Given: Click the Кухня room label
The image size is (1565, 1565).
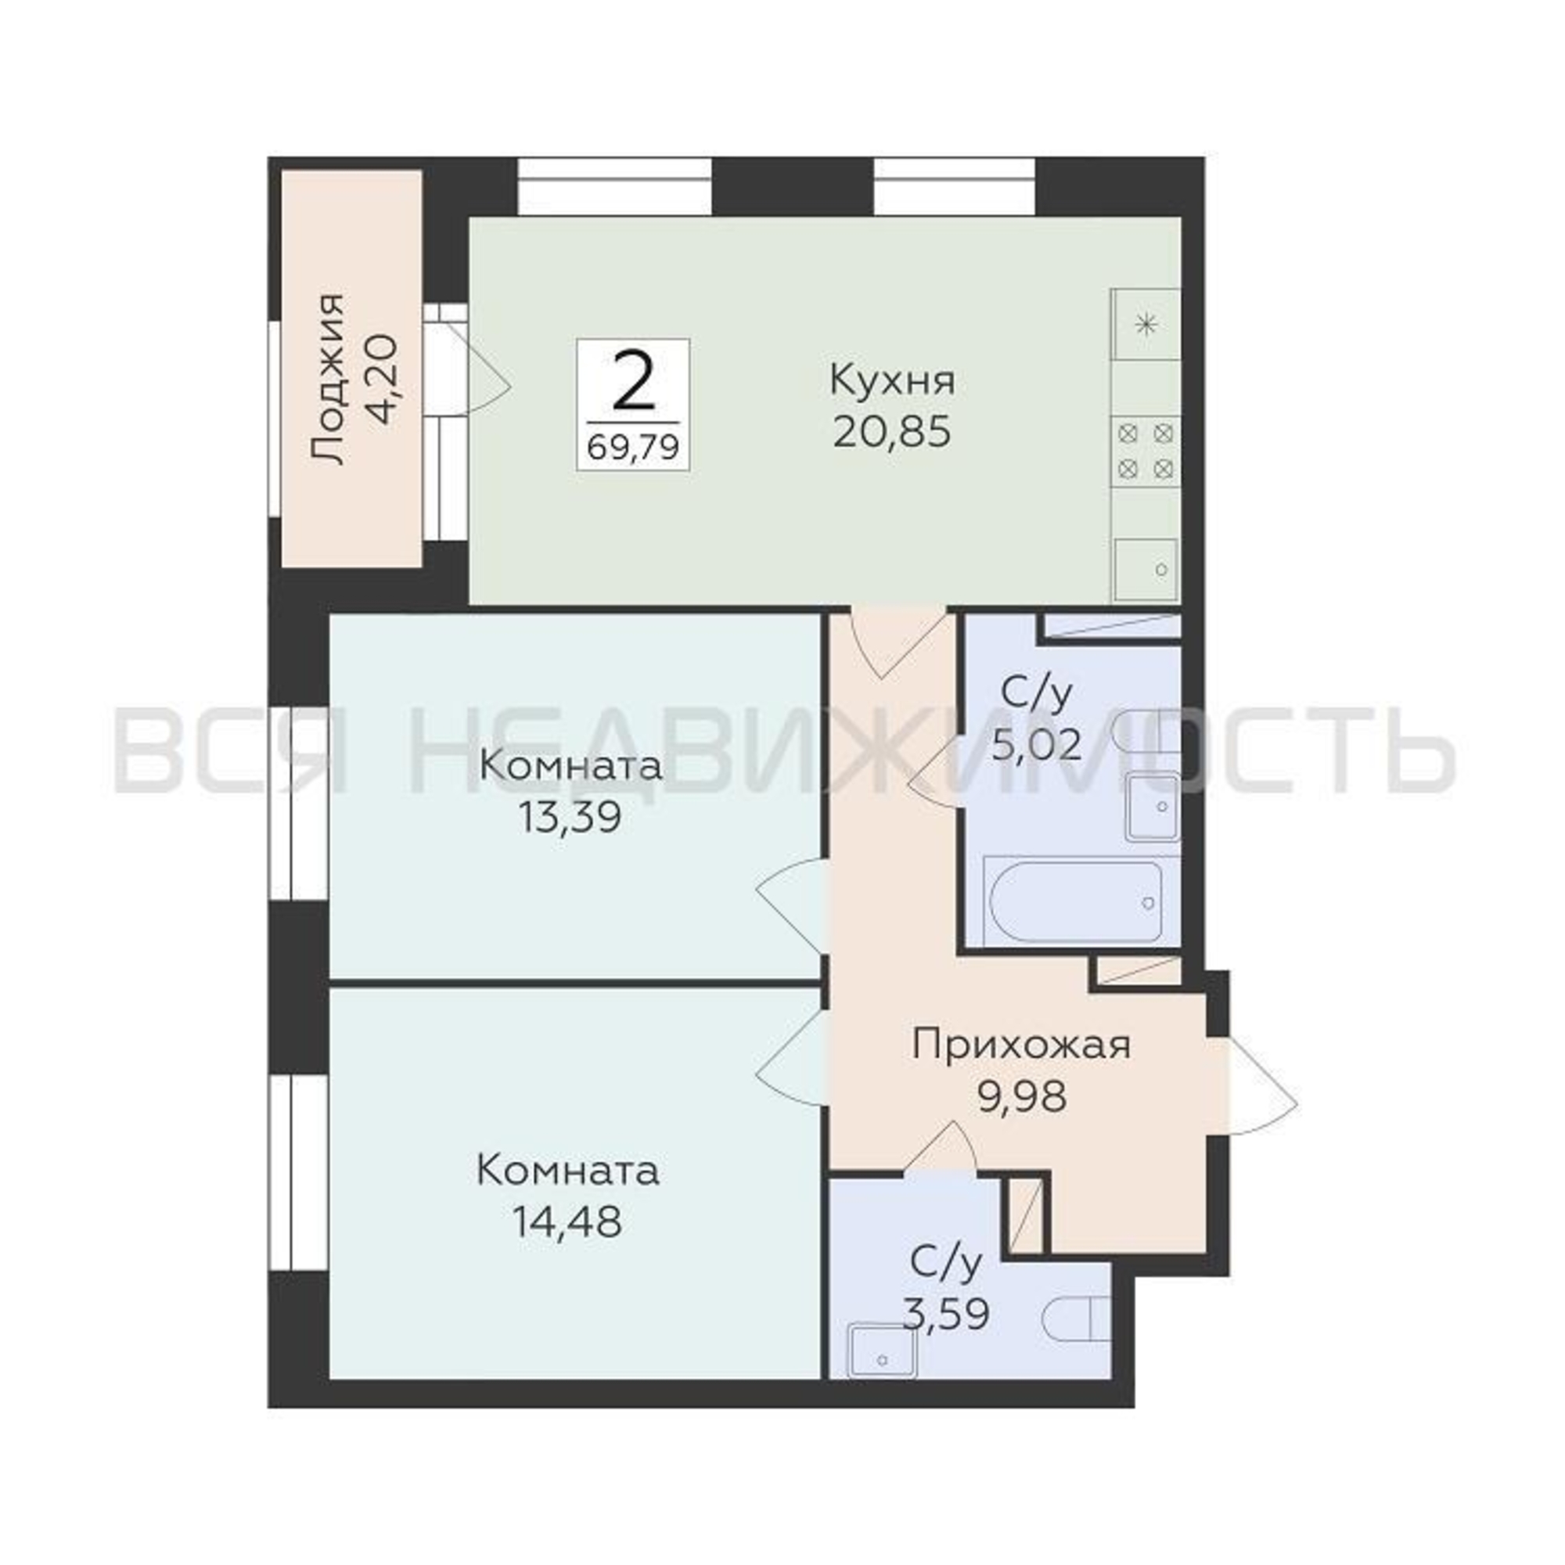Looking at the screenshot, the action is pos(892,381).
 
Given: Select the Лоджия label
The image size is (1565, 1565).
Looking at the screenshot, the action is pos(328,379).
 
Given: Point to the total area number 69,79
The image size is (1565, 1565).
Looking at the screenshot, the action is pos(632,447).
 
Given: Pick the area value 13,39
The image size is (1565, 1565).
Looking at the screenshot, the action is pos(570,818).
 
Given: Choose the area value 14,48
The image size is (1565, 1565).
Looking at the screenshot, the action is pos(567,1222).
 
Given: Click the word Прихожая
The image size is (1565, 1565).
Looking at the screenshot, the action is pos(1020,1045).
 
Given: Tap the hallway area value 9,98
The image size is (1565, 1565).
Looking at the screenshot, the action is pos(1022,1098).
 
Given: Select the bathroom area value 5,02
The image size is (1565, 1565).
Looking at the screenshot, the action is pos(1038,744).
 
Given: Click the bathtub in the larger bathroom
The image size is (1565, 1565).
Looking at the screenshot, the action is pos(1075,901).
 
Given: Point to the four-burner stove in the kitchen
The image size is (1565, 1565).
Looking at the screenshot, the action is pos(1145,452).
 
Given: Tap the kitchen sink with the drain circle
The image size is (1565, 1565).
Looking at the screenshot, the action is pos(1146,570).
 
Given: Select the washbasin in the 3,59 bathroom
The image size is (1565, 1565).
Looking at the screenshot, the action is pos(882,1351).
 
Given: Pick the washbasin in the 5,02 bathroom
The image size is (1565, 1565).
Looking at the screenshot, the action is pos(1152,806).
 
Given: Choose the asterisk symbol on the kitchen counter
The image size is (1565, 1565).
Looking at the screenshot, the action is pos(1146,325).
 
